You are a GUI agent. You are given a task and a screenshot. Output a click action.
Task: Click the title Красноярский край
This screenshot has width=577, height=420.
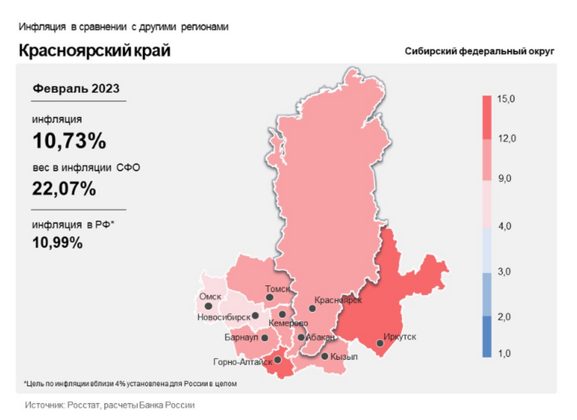95,51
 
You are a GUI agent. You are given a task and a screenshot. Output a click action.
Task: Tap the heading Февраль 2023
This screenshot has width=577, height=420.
76,88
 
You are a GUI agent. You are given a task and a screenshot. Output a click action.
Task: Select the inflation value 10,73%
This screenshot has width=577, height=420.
69,141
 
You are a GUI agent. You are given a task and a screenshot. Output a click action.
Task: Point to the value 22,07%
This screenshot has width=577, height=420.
64,189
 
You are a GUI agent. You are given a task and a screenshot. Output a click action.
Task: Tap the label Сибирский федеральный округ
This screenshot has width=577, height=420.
479,52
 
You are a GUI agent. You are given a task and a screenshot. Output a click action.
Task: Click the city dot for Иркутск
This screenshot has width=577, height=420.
380,343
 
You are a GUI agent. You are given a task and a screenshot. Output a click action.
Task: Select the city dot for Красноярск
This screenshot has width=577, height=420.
312,309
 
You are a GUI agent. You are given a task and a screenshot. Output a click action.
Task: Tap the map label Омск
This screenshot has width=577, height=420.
210,296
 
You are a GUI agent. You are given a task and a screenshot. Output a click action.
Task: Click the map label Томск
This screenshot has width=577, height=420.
278,289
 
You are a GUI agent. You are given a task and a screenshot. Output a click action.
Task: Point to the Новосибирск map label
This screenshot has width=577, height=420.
223,316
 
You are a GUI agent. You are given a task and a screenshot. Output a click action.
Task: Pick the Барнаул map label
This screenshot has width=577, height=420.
241,337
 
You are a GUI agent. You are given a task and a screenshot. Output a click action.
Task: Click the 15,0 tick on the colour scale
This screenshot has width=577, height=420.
506,99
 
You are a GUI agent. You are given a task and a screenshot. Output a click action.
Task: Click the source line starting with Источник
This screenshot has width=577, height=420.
110,406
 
